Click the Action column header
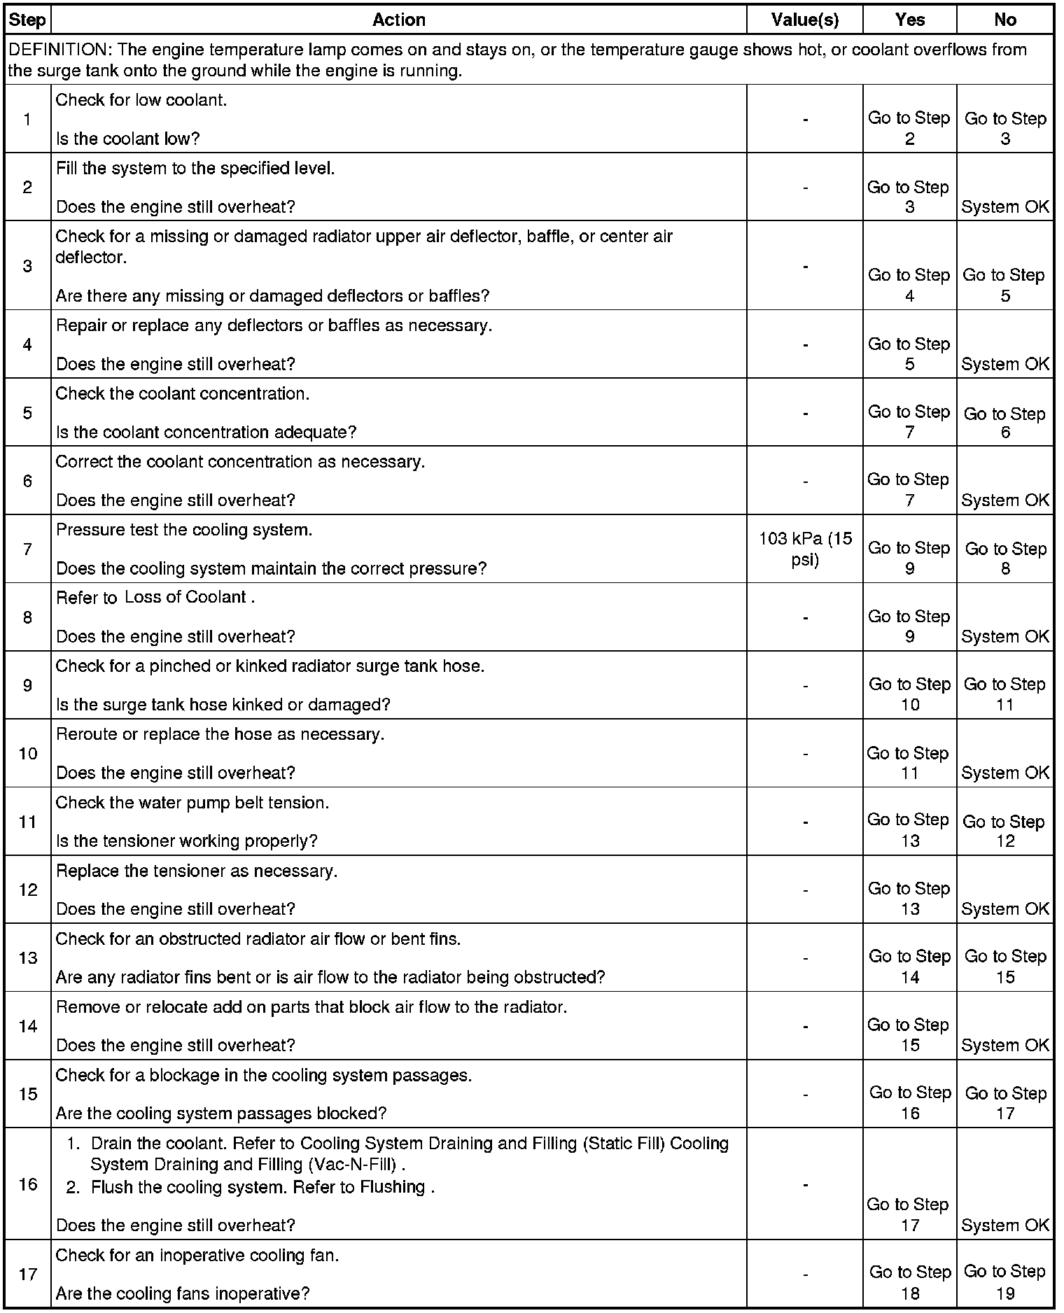click(x=399, y=20)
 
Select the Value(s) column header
click(x=804, y=20)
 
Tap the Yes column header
click(x=909, y=20)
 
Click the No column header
click(x=1004, y=20)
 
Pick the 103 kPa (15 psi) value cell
click(x=805, y=549)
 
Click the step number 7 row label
click(x=27, y=549)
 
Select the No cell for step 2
click(x=1004, y=206)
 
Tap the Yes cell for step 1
click(x=909, y=128)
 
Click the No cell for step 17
click(x=1004, y=1282)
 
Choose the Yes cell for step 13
click(x=909, y=967)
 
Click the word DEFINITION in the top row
click(x=58, y=50)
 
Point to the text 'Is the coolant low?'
click(x=127, y=139)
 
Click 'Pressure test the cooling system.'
click(x=184, y=530)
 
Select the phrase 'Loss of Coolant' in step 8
click(x=185, y=597)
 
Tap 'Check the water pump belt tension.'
click(x=192, y=803)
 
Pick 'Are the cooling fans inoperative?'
click(x=183, y=1293)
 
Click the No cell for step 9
click(x=1004, y=694)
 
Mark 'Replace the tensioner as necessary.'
click(x=196, y=871)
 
